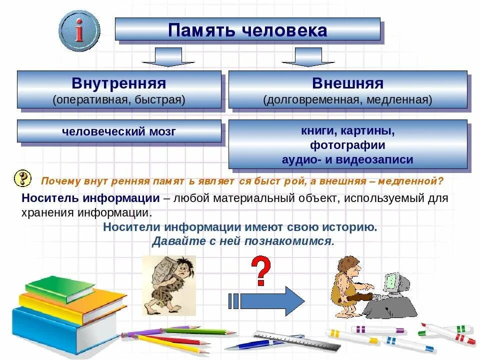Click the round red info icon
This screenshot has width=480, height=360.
tap(79, 30)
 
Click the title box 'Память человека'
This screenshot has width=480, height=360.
tap(247, 29)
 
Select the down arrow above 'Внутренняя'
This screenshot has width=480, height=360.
tap(168, 57)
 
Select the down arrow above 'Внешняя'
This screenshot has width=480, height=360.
tap(308, 57)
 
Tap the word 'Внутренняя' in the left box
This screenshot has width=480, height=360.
tap(119, 83)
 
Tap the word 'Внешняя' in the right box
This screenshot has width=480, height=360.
tap(348, 83)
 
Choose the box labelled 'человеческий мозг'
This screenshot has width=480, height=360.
tap(119, 131)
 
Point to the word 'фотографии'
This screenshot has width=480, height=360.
tap(348, 145)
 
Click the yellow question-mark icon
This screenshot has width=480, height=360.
tap(22, 178)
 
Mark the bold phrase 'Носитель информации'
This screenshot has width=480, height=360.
tap(90, 198)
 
